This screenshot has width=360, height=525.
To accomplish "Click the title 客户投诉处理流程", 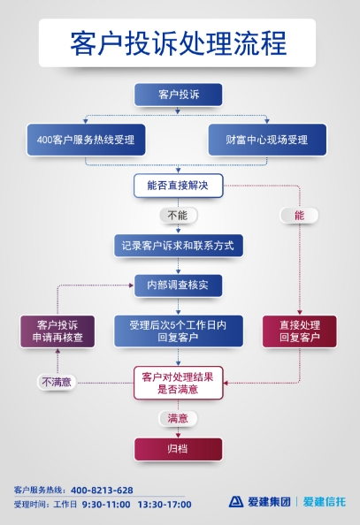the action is coord(178,43).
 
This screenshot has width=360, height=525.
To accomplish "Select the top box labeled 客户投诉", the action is coord(178,95).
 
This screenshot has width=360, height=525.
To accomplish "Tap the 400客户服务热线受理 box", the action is coord(86,140).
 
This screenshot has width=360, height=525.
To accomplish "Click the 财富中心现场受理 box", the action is coord(267,140).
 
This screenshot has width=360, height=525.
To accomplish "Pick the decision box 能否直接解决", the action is coord(178,186).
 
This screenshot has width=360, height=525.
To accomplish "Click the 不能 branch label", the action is coord(178,216).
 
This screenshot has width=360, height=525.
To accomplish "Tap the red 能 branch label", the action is coord(299,216).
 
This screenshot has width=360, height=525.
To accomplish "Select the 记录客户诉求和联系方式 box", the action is coord(179,246).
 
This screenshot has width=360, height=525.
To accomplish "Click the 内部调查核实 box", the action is coord(178,285).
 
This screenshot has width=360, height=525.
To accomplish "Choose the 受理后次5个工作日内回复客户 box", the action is coord(179,331).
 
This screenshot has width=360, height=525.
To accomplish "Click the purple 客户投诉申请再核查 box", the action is coord(57,331).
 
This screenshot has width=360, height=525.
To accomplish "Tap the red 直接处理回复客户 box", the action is coord(300,331).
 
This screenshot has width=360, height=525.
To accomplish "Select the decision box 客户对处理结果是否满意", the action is coord(179,383).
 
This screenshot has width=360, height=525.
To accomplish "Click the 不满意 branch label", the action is coord(57,382).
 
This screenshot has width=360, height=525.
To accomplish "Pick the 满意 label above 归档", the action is coord(178,419).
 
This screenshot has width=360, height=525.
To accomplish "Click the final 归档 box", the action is coord(178,449).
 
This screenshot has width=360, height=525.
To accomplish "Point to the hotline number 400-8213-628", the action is coord(102,491).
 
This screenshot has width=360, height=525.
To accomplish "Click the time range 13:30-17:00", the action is coord(165,505).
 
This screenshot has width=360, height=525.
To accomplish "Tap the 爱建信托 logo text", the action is coord(324,501).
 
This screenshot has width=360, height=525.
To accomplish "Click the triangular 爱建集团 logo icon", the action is coord(236,501).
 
